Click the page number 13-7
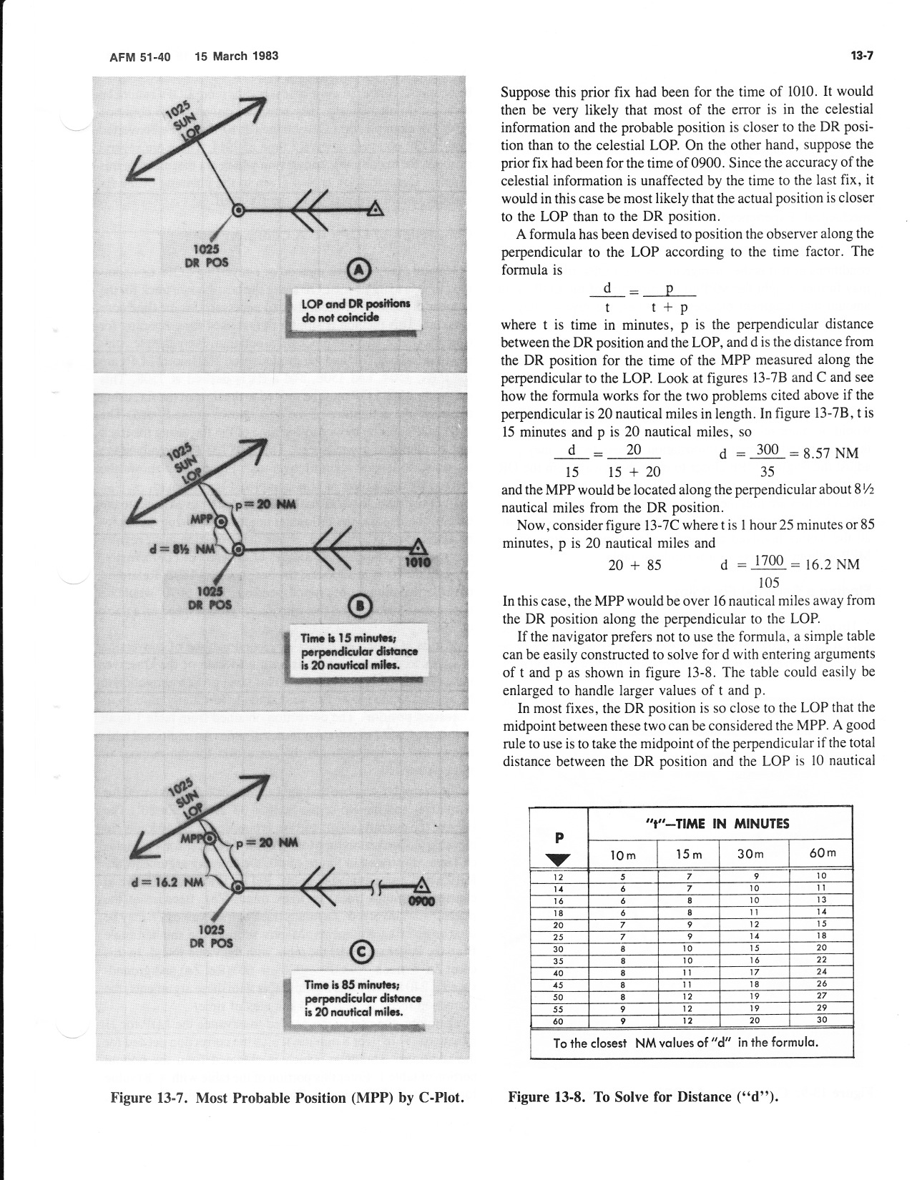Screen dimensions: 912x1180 (862, 55)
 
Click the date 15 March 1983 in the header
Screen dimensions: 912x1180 (236, 56)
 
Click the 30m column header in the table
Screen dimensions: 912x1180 (750, 854)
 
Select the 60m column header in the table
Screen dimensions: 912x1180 (823, 853)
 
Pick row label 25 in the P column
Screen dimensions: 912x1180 (558, 937)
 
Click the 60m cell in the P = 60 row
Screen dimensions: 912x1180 (822, 1019)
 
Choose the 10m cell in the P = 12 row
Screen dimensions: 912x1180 (623, 877)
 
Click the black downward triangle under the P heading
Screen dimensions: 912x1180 (559, 860)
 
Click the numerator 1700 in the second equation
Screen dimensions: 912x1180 (769, 561)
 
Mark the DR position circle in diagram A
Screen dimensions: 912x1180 (237, 210)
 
